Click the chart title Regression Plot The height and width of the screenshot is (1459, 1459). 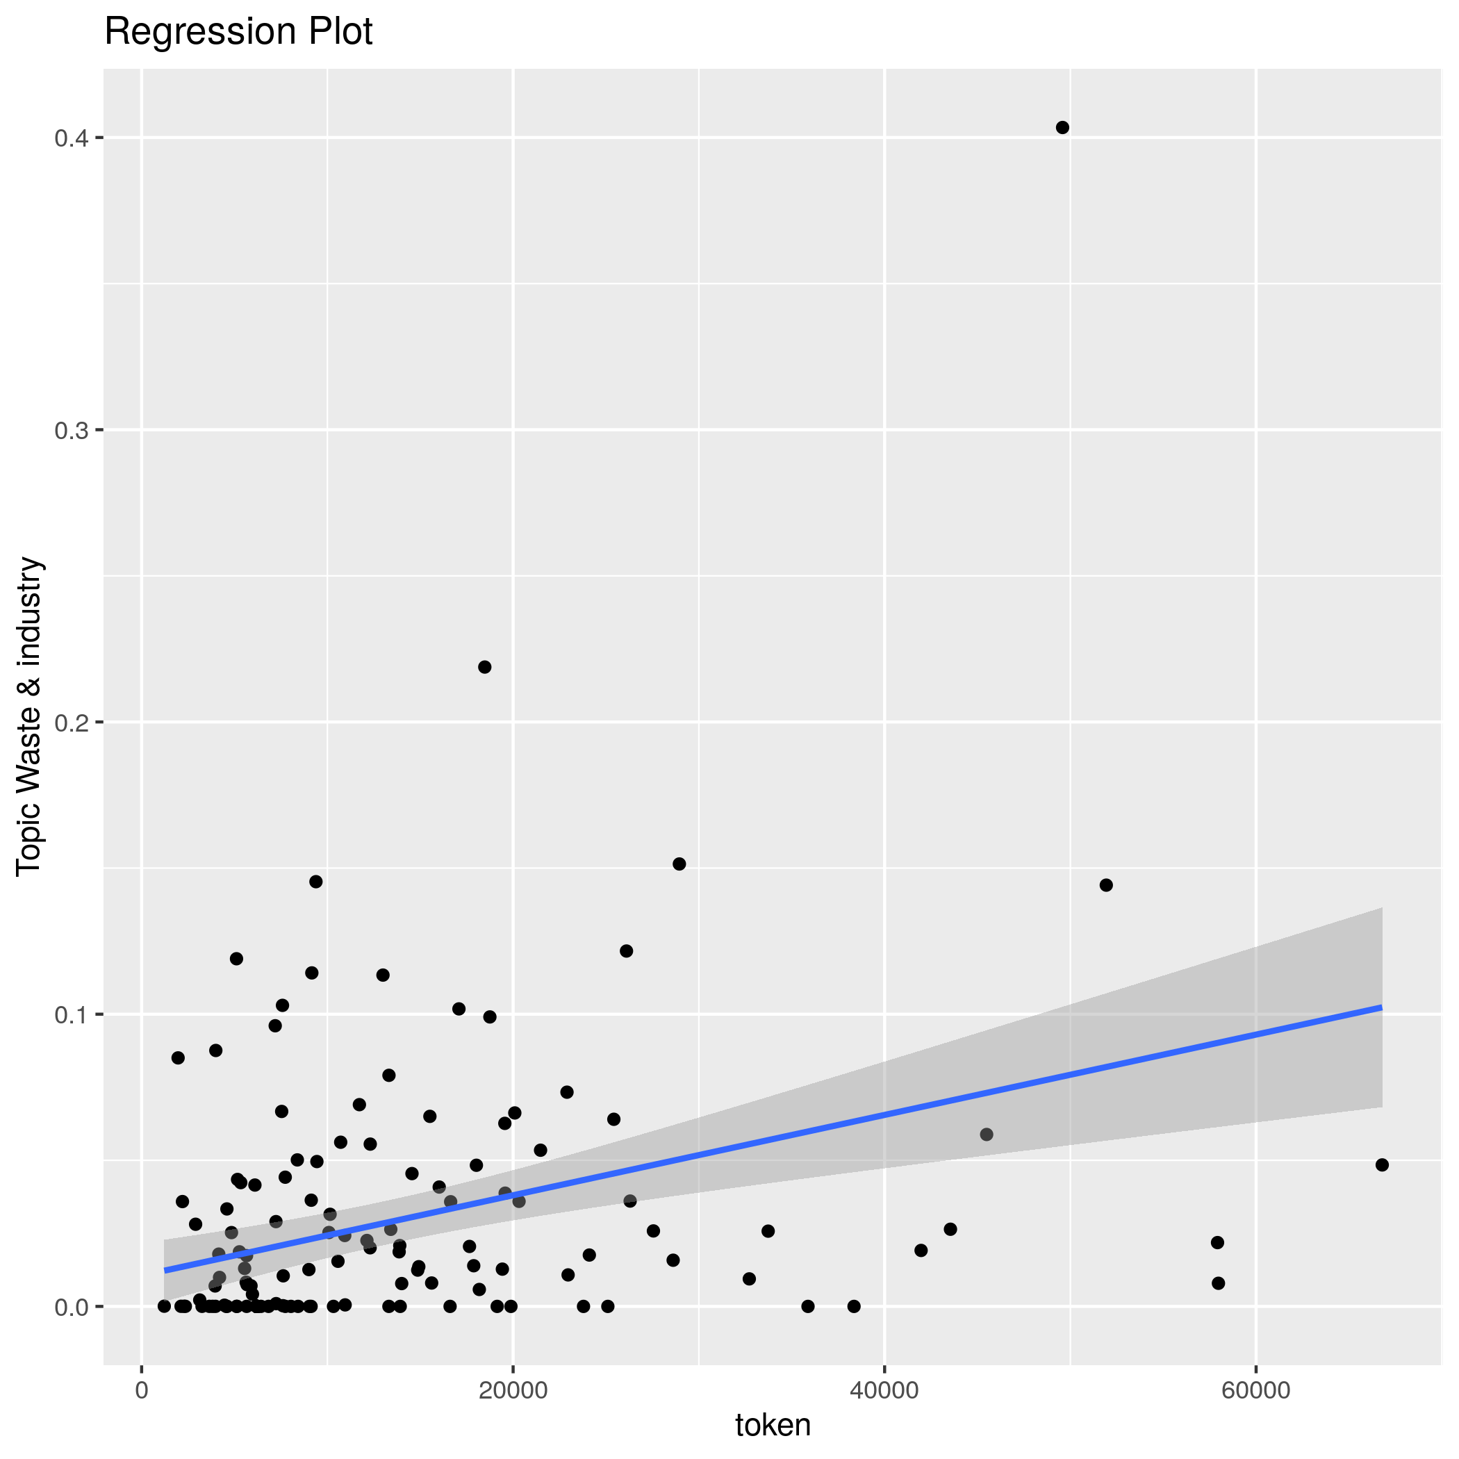tap(238, 33)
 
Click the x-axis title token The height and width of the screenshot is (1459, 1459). tap(773, 1424)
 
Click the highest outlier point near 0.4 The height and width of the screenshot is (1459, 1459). tap(1062, 128)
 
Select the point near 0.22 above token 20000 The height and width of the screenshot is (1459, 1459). tap(485, 667)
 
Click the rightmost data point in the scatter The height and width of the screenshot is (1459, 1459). tap(1382, 1164)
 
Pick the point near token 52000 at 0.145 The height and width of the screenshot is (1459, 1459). tap(1106, 885)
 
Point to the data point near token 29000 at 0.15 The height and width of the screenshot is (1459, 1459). tap(679, 864)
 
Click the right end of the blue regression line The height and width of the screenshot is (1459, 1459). tap(1381, 1007)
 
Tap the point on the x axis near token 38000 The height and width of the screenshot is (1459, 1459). tap(854, 1306)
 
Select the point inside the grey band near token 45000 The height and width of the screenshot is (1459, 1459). tap(987, 1135)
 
